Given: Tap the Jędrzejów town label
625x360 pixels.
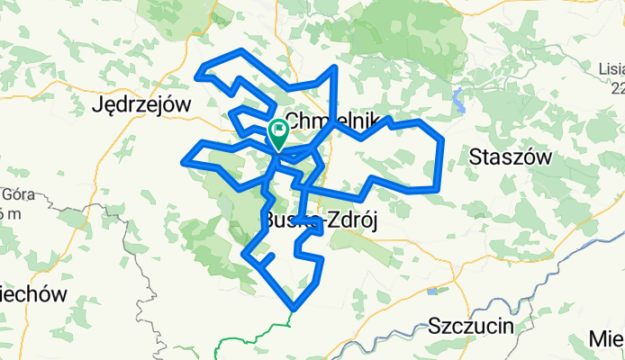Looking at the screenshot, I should tap(142, 105).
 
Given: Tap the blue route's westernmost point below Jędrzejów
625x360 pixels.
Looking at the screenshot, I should tap(186, 162).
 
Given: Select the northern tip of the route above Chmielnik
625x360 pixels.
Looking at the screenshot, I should tap(335, 68).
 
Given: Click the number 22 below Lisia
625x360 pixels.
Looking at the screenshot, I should tap(617, 87).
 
